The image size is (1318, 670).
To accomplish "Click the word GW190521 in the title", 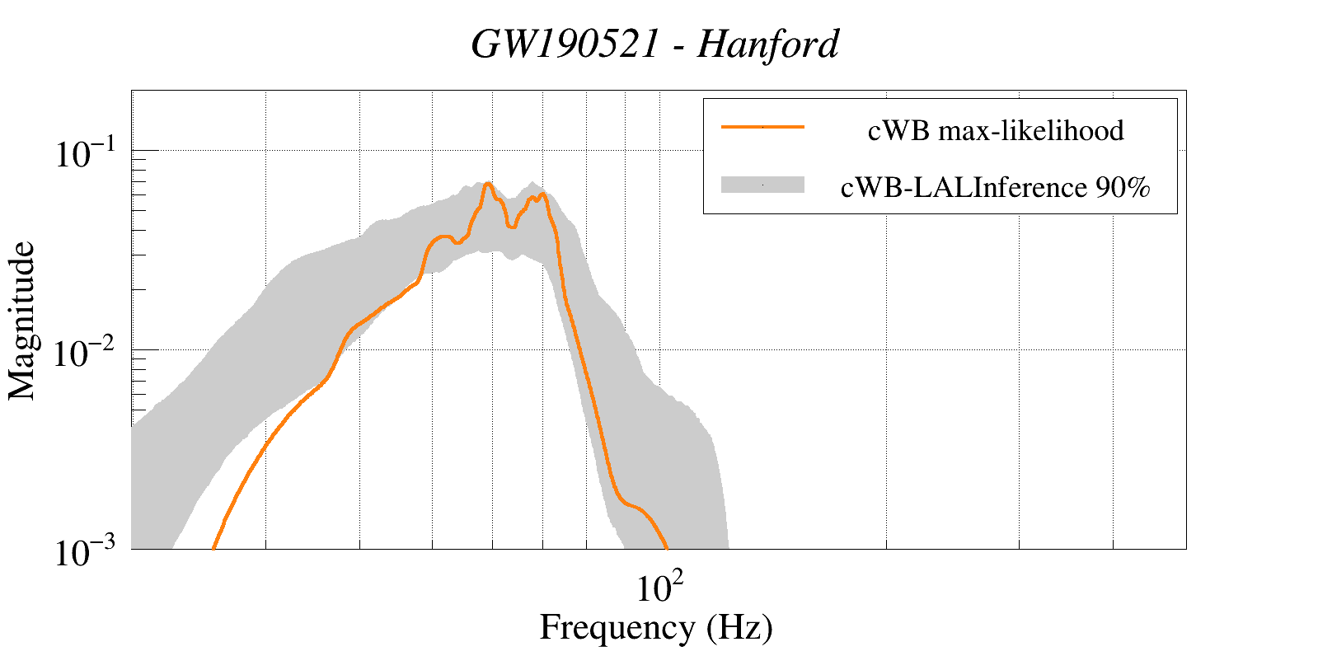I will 565,45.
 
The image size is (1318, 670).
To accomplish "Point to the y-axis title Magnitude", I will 22,321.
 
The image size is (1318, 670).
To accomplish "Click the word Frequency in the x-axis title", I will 617,628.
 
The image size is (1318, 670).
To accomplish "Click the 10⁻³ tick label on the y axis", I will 87,552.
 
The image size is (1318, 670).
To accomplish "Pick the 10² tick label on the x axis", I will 659,587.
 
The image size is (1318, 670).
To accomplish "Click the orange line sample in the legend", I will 762,128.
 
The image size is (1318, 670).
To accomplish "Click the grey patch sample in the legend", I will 762,185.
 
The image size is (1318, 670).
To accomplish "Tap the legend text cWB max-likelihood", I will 996,130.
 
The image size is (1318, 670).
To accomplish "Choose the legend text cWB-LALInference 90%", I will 996,188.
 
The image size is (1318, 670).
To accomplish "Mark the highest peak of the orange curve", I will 488,184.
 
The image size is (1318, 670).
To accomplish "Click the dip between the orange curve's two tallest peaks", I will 512,226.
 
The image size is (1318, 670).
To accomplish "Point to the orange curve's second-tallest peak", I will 542,194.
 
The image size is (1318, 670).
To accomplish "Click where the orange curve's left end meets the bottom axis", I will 213,547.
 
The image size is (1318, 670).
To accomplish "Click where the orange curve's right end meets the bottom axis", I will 666,547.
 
